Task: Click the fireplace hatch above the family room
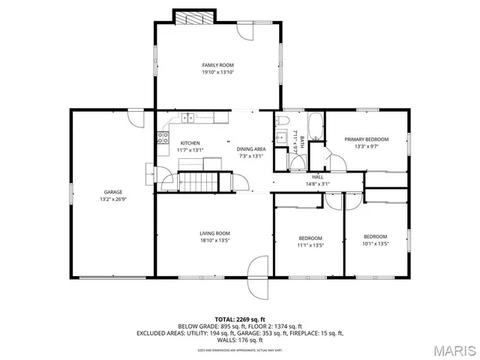coord(193,16)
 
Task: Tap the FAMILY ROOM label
coord(217,65)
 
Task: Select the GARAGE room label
coord(112,192)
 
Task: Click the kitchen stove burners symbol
coord(161,136)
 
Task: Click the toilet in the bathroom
coord(282,120)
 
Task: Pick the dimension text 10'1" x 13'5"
coord(375,244)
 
